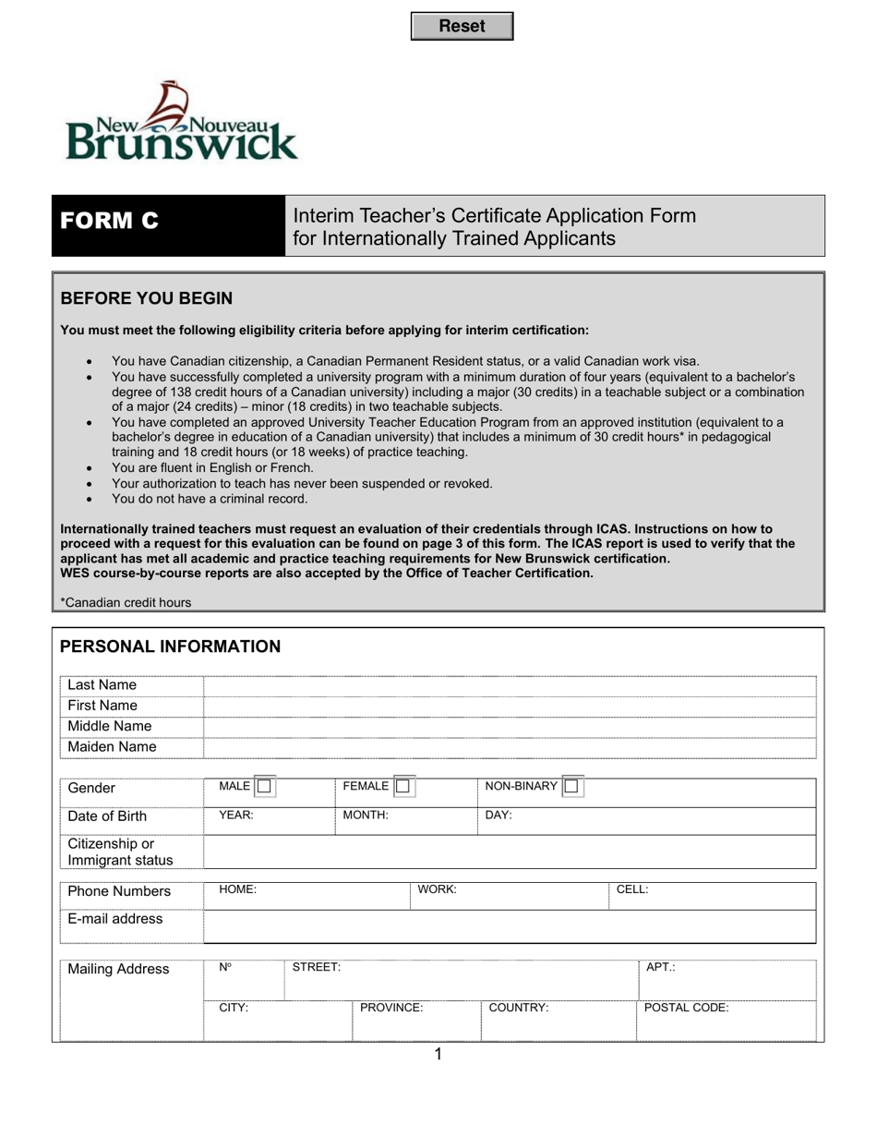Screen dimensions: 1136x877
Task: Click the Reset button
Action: click(x=462, y=27)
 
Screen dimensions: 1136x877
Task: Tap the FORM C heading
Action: click(x=109, y=222)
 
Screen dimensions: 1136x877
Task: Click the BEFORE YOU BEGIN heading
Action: click(x=146, y=298)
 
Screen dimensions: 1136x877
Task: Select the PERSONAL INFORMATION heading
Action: click(x=170, y=647)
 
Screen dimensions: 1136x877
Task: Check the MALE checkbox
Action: click(x=264, y=787)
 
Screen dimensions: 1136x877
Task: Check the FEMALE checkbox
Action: click(x=403, y=787)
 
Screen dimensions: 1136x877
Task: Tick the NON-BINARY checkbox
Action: click(x=571, y=787)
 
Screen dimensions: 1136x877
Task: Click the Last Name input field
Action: click(x=510, y=685)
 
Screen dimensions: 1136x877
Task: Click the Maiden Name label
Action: click(x=112, y=747)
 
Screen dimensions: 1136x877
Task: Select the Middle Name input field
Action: click(x=510, y=727)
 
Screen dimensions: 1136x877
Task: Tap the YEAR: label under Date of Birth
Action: click(x=235, y=816)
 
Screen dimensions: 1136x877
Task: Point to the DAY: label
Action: click(x=499, y=816)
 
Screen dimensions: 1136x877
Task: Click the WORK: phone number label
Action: click(x=438, y=890)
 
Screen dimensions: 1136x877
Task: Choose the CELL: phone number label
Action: click(x=632, y=890)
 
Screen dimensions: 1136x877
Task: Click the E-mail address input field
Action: click(x=510, y=925)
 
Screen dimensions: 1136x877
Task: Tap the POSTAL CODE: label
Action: click(x=686, y=1009)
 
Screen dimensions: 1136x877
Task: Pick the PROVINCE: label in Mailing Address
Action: click(x=391, y=1009)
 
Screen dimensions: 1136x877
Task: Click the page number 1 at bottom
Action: click(x=438, y=1055)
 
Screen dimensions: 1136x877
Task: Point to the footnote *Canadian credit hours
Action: click(x=126, y=603)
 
